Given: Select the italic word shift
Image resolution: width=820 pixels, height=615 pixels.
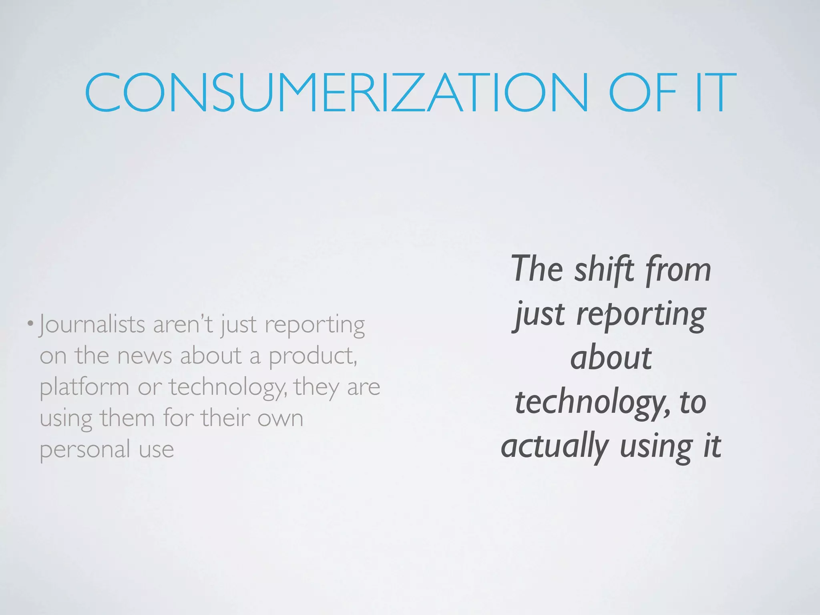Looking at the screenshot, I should (605, 269).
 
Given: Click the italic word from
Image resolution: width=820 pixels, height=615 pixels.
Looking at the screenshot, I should (678, 270).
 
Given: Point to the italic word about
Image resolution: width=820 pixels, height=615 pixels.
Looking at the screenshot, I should (611, 358).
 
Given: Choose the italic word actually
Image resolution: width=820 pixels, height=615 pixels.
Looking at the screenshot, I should (555, 447).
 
